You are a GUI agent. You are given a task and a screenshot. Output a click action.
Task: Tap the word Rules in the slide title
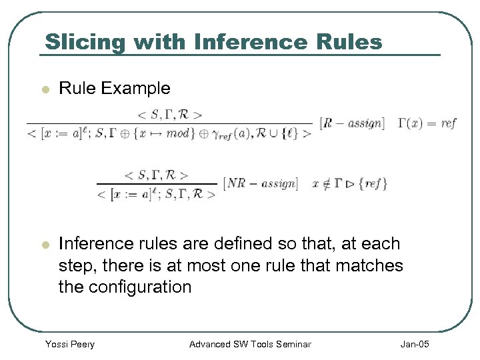pos(351,41)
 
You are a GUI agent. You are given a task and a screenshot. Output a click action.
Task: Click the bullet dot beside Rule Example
pos(45,89)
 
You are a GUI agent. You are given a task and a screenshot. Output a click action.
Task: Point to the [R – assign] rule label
pos(352,123)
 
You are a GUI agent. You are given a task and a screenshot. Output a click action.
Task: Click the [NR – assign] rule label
pos(261,183)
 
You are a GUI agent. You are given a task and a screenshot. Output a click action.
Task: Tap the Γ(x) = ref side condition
pos(427,123)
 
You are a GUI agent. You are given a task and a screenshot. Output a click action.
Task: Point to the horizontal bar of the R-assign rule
pos(169,123)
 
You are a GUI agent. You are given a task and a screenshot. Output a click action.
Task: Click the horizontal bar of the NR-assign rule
pos(157,184)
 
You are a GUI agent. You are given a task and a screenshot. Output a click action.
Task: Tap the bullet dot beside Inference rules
pos(45,245)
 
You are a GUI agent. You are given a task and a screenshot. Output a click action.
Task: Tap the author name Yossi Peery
pos(69,344)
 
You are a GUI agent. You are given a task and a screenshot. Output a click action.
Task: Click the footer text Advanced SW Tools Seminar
pos(250,344)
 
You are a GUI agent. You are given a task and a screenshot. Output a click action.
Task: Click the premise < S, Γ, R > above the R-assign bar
pos(169,114)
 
